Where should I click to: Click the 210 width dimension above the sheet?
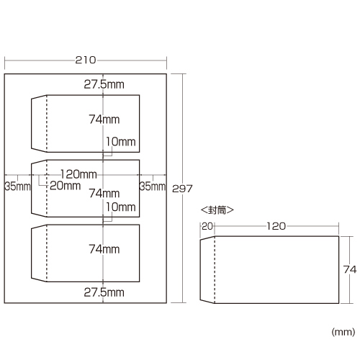pyautogui.click(x=86, y=60)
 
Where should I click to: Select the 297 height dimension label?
pyautogui.click(x=182, y=189)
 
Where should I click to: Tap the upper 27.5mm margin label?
pyautogui.click(x=104, y=84)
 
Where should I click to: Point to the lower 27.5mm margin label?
pyautogui.click(x=104, y=292)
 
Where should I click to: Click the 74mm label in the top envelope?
pyautogui.click(x=104, y=120)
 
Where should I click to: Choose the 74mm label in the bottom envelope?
pyautogui.click(x=104, y=249)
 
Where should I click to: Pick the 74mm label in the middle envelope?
pyautogui.click(x=104, y=193)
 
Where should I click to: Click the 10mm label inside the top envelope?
pyautogui.click(x=121, y=142)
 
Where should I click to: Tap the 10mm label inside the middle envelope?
pyautogui.click(x=121, y=207)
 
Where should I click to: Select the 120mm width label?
pyautogui.click(x=78, y=174)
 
